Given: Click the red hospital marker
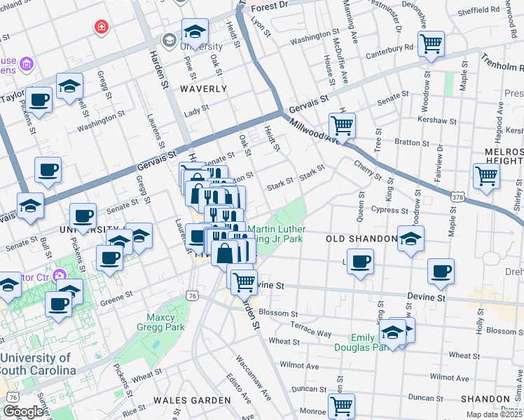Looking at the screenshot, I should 102,27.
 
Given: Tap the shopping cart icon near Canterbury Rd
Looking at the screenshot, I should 432,43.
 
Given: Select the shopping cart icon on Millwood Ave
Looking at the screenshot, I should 342,126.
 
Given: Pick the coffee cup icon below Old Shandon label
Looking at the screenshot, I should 360,262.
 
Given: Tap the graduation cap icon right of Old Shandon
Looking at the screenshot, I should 411,237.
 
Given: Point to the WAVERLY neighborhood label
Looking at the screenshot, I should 202,89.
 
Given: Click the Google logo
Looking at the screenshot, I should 23,411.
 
